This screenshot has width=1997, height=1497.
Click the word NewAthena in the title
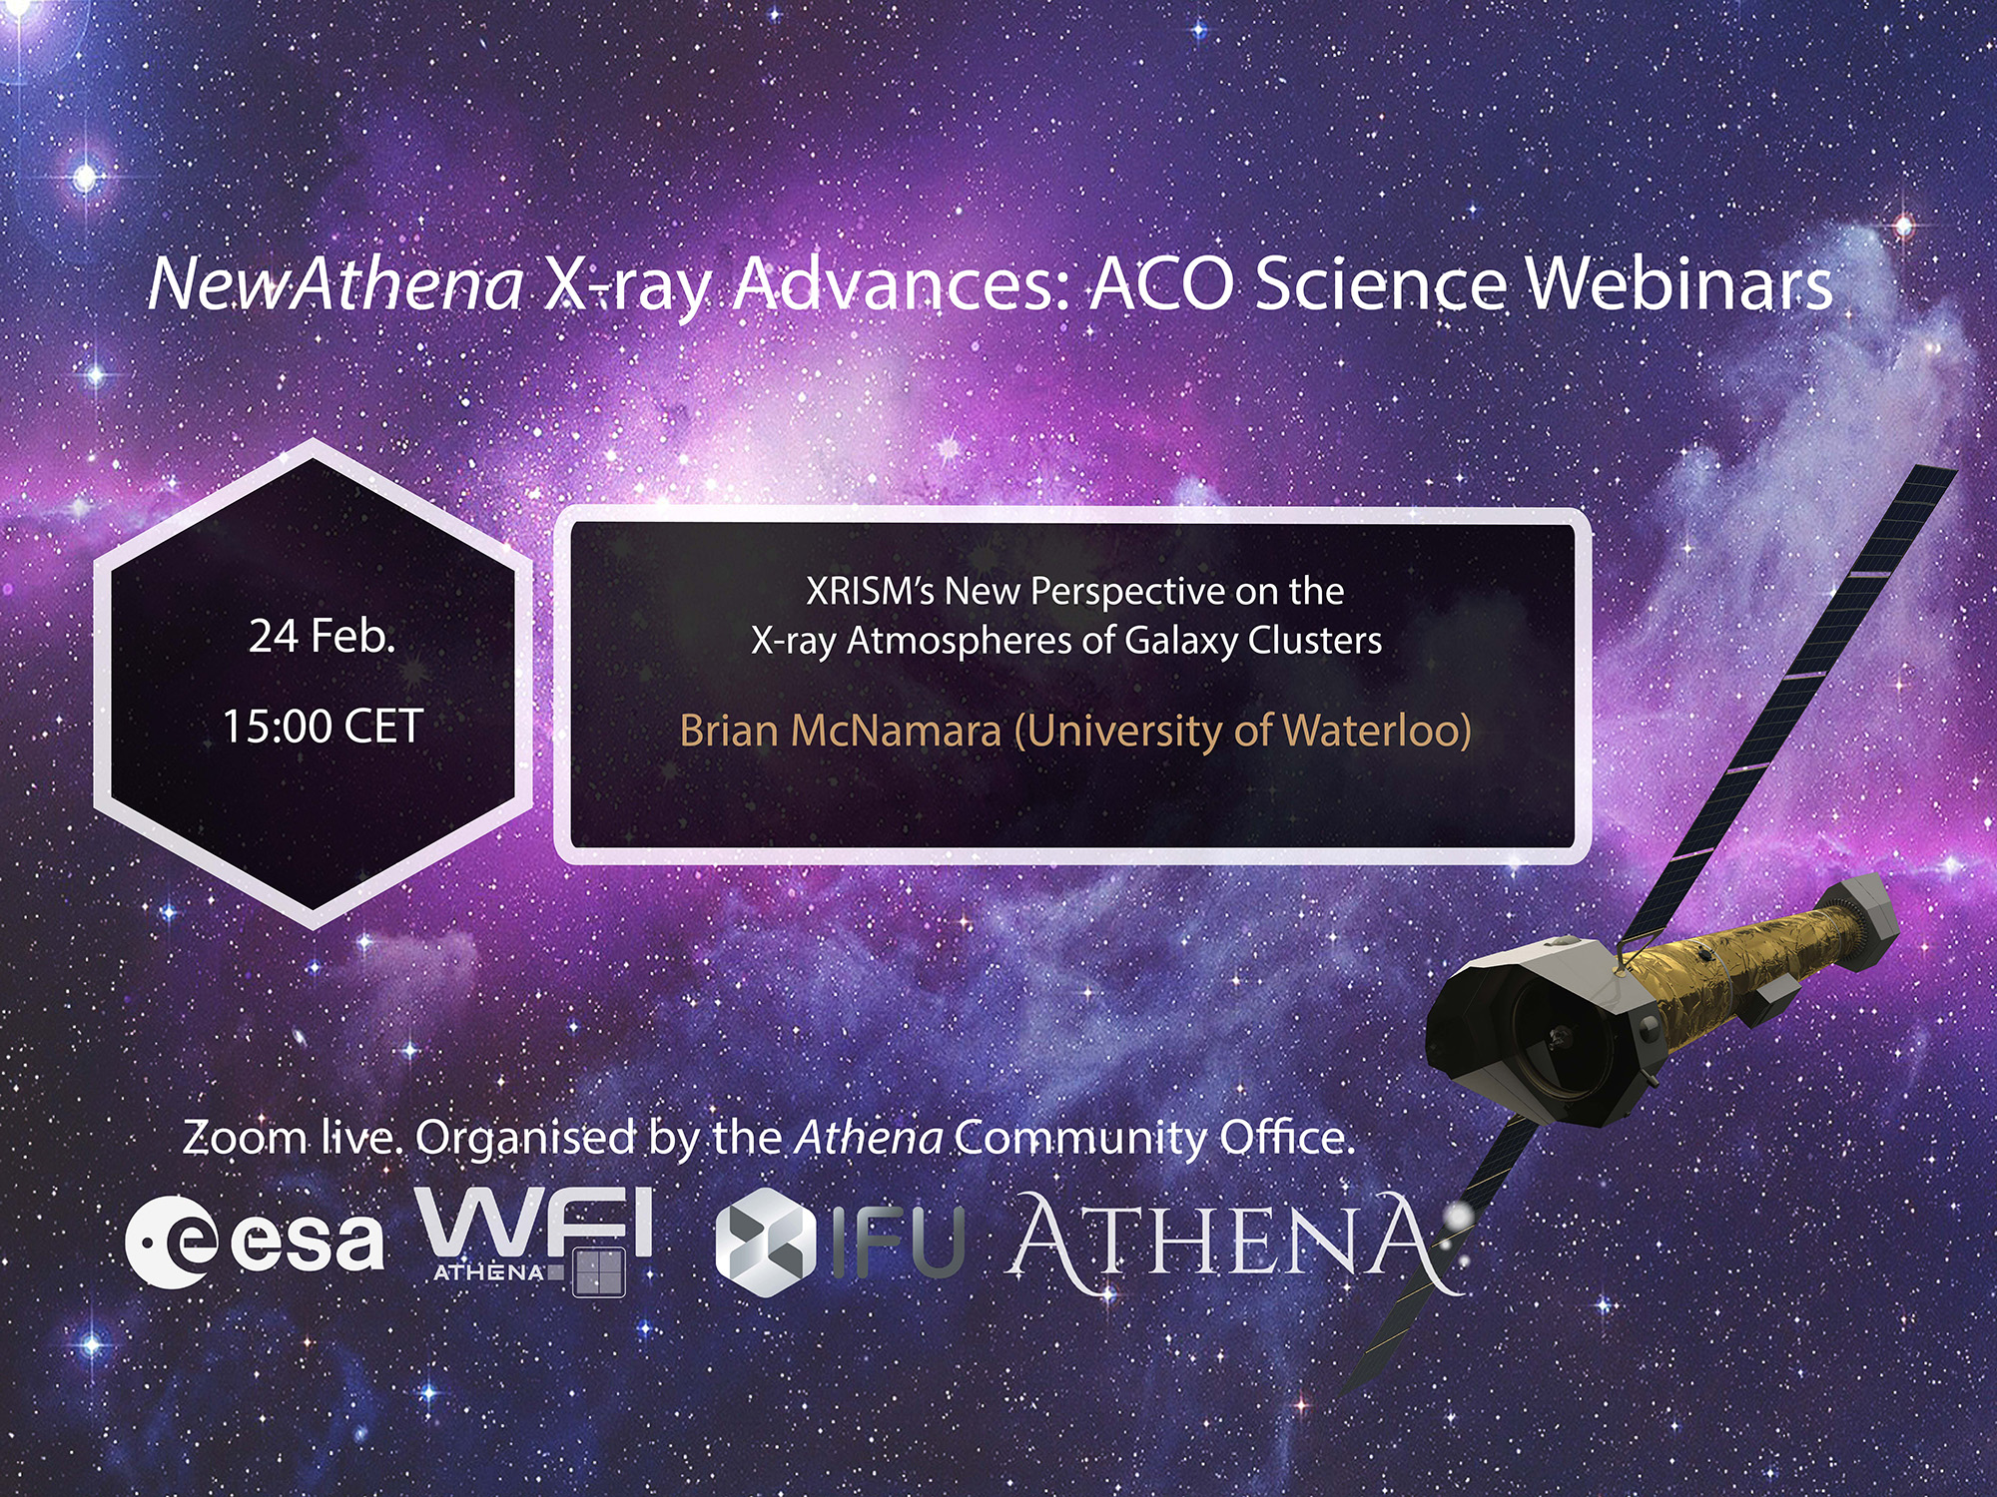coord(335,284)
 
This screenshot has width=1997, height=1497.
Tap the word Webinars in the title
coord(1679,284)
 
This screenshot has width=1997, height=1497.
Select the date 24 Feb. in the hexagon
coord(322,636)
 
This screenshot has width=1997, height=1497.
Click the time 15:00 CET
coord(322,726)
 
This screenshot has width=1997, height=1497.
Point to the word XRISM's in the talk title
coord(869,591)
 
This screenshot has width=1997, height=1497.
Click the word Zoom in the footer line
coord(244,1138)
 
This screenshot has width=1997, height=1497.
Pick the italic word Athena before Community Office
coord(869,1138)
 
